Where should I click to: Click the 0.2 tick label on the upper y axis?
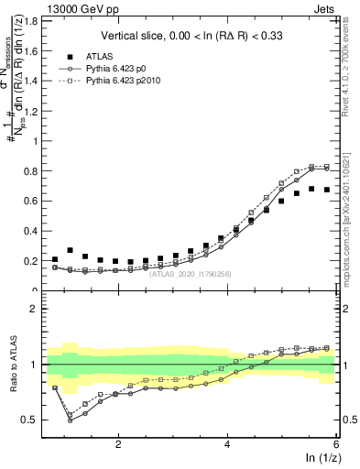[x=35, y=261]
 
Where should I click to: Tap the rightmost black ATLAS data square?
[x=327, y=190]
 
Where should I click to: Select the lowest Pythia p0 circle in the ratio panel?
[x=71, y=420]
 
